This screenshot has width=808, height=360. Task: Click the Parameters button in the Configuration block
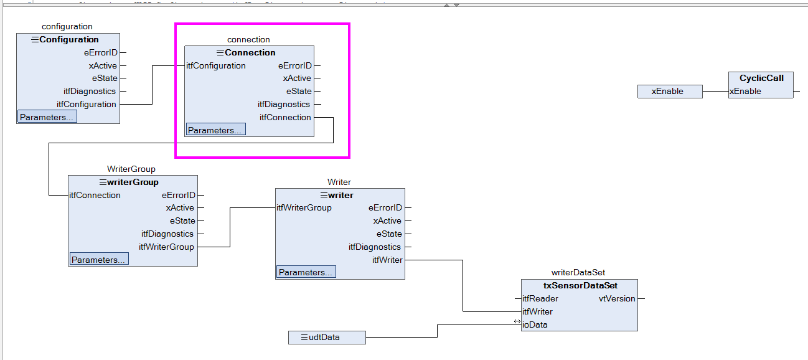(47, 117)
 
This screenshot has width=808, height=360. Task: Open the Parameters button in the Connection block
(216, 130)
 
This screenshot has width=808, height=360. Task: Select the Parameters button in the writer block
(306, 272)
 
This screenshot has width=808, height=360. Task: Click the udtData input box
(327, 337)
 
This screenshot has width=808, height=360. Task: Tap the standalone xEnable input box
(670, 92)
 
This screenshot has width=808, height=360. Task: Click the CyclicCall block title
(761, 78)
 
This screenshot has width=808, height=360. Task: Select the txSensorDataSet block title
(580, 285)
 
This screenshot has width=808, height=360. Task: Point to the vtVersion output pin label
(617, 298)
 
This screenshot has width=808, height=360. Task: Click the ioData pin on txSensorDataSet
(535, 324)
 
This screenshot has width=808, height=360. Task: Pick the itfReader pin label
(540, 298)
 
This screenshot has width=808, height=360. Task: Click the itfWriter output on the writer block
(387, 260)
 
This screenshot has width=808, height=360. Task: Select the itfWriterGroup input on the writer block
(304, 207)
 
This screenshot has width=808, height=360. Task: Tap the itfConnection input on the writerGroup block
(95, 195)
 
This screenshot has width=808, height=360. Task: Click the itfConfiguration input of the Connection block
(216, 66)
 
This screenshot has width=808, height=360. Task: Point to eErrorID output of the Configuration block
(101, 52)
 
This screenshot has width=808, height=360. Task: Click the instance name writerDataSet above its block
(578, 272)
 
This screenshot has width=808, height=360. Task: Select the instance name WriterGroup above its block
(131, 169)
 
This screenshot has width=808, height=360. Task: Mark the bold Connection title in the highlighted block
(250, 52)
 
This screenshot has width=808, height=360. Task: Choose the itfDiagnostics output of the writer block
(374, 247)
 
